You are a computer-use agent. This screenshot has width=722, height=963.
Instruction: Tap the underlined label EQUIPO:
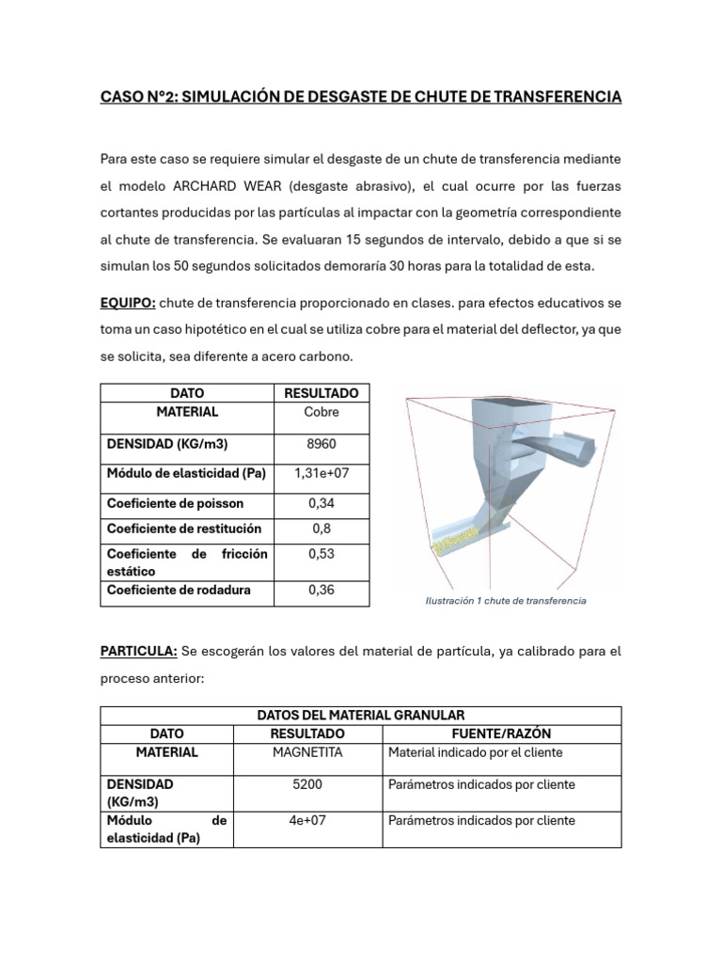[x=128, y=303]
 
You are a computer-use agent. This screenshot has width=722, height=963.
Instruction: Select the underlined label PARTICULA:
[x=138, y=651]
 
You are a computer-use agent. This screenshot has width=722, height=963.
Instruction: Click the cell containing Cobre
[x=322, y=412]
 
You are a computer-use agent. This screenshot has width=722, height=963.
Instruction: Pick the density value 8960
[x=322, y=443]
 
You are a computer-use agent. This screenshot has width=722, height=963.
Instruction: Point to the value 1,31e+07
[x=322, y=473]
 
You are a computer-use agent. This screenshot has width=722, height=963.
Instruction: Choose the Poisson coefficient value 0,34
[x=322, y=503]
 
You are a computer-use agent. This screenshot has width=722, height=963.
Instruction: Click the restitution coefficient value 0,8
[x=322, y=529]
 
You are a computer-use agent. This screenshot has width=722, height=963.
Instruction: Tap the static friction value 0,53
[x=322, y=554]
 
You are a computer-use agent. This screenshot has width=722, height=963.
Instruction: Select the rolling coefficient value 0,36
[x=322, y=590]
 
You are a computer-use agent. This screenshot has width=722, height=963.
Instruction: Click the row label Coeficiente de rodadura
[x=179, y=590]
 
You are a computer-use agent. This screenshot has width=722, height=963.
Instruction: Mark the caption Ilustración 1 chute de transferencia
[x=506, y=600]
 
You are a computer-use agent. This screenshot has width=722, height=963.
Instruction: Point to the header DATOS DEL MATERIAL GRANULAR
[x=361, y=716]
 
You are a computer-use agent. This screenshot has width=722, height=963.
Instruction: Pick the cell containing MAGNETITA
[x=307, y=752]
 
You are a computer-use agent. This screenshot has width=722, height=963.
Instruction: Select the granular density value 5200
[x=307, y=784]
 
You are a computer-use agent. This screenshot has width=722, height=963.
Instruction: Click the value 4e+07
[x=307, y=820]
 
